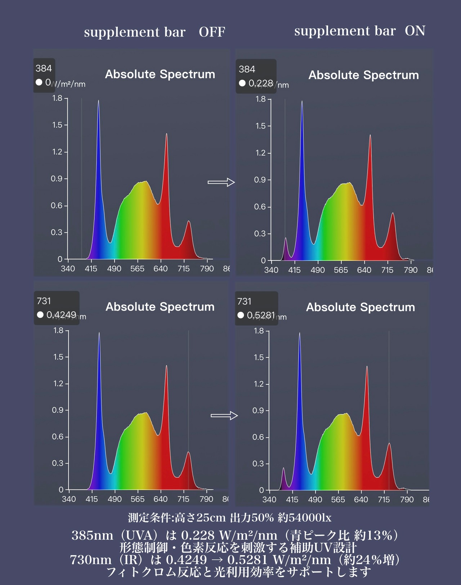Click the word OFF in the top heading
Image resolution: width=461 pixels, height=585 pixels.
[x=212, y=32]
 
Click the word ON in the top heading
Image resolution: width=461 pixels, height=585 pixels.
[x=415, y=31]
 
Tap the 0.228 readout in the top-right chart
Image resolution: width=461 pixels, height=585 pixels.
[x=261, y=83]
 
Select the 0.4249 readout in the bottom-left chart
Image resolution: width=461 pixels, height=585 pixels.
[x=61, y=315]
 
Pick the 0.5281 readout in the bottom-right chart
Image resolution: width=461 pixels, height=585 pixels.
[x=261, y=315]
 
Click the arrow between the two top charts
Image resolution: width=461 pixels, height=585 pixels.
[x=221, y=182]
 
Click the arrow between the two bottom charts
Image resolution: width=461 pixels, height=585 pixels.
[x=224, y=416]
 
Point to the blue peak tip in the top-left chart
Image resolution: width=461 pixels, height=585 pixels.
[x=98, y=101]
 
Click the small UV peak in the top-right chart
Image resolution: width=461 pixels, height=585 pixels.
[x=286, y=238]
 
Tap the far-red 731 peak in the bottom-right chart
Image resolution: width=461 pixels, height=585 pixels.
[x=389, y=444]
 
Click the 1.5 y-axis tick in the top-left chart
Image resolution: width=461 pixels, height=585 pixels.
[x=57, y=125]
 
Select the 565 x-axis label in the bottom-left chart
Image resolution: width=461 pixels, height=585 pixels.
[x=138, y=499]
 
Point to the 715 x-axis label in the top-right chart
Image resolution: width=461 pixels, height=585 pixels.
[x=387, y=270]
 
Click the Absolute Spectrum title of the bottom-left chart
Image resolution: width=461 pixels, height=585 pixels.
[x=160, y=307]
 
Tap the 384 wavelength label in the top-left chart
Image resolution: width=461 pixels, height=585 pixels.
[x=44, y=68]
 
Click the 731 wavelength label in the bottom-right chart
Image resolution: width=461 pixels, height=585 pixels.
[x=244, y=301]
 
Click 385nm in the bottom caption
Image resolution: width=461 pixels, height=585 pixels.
[x=92, y=535]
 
